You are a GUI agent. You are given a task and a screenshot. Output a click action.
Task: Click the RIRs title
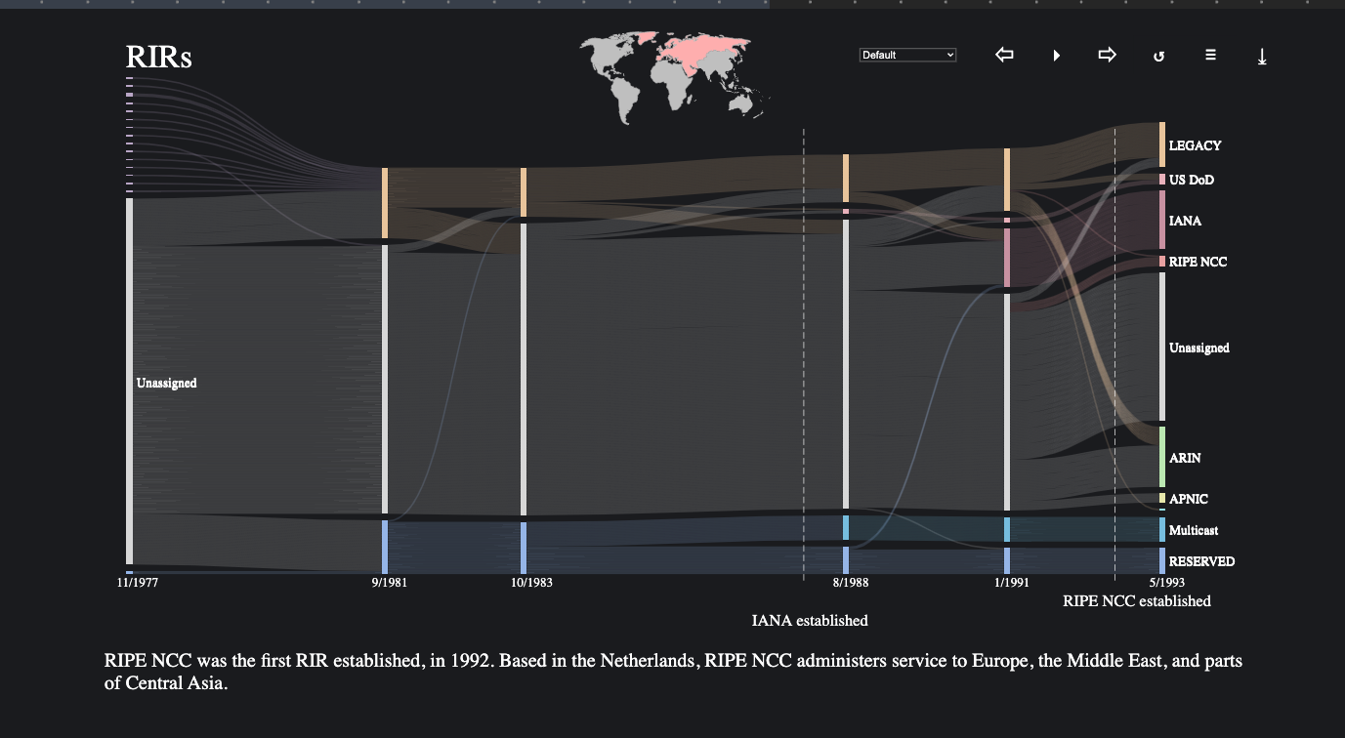[x=158, y=57]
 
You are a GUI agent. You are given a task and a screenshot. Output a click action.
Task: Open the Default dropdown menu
[x=907, y=56]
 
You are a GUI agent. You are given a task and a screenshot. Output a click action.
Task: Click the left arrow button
[x=1004, y=56]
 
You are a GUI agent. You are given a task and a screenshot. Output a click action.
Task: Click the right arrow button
[x=1107, y=56]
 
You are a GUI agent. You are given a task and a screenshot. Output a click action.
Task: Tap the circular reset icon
[x=1158, y=57]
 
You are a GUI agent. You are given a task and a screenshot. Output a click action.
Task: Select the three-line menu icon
[x=1210, y=56]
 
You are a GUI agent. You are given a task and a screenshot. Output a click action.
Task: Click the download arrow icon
[x=1262, y=57]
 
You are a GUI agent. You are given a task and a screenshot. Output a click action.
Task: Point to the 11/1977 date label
[x=138, y=583]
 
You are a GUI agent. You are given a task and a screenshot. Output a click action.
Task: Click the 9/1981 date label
[x=389, y=583]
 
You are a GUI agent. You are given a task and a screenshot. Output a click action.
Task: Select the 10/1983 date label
[x=531, y=583]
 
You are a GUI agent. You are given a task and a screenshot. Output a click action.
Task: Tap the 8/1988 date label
[x=850, y=583]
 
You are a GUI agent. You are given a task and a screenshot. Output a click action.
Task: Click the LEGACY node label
[x=1195, y=145]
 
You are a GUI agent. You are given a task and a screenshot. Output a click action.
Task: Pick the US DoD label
[x=1192, y=180]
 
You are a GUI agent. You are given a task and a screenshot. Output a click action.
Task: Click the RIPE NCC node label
[x=1198, y=262]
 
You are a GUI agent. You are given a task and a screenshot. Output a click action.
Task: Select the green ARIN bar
[x=1162, y=457]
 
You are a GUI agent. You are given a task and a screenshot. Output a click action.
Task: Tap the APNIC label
[x=1189, y=499]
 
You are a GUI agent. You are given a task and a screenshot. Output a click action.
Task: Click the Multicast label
[x=1193, y=530]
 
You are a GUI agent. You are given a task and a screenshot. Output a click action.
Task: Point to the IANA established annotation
[x=810, y=621]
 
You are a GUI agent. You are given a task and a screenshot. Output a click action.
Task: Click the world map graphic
[x=672, y=77]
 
